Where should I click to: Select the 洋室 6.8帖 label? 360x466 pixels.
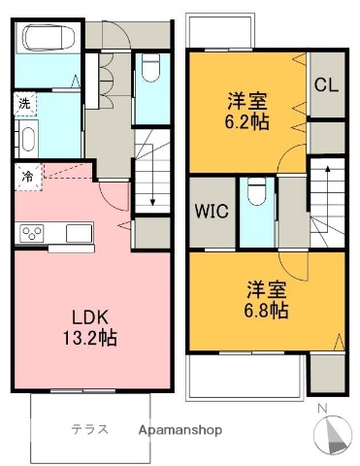click(x=264, y=298)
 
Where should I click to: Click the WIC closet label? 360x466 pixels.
click(x=212, y=212)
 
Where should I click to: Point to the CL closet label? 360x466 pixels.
click(x=325, y=84)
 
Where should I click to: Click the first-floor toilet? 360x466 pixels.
click(x=150, y=69)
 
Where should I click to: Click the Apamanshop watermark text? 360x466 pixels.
click(x=180, y=429)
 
